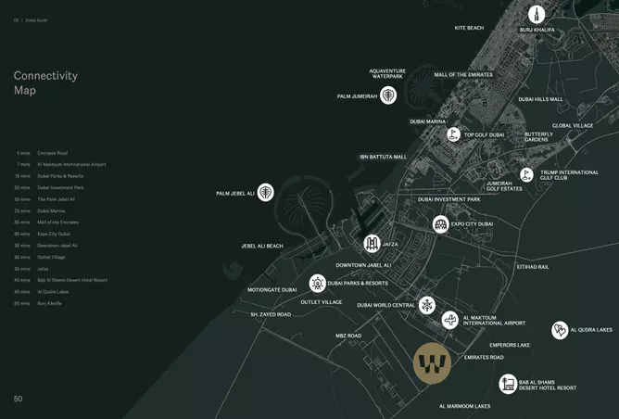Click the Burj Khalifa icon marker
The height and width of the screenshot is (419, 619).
[537, 14]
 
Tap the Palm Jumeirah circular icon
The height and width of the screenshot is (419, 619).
[388, 95]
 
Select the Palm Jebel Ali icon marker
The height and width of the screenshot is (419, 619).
[266, 192]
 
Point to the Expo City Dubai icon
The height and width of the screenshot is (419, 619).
[441, 223]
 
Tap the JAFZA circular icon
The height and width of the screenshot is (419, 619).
[372, 244]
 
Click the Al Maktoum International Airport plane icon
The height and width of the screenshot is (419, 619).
[450, 320]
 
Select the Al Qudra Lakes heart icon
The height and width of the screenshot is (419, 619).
[560, 330]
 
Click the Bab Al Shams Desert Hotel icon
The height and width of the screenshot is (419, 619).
[508, 383]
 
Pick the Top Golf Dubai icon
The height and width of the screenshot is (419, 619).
[453, 134]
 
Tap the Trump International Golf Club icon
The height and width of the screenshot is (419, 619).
[526, 173]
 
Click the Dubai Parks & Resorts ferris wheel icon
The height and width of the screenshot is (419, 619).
[317, 283]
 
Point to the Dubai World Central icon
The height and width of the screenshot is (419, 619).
[426, 304]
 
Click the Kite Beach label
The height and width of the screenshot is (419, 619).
[469, 28]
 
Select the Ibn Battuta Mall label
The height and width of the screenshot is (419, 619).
[384, 157]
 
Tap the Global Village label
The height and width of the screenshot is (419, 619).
[573, 125]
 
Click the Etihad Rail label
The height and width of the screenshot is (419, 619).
[533, 267]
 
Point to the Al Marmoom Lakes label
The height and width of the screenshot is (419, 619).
[465, 406]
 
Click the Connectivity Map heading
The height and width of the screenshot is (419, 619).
[45, 83]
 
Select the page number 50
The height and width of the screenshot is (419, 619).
[18, 399]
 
